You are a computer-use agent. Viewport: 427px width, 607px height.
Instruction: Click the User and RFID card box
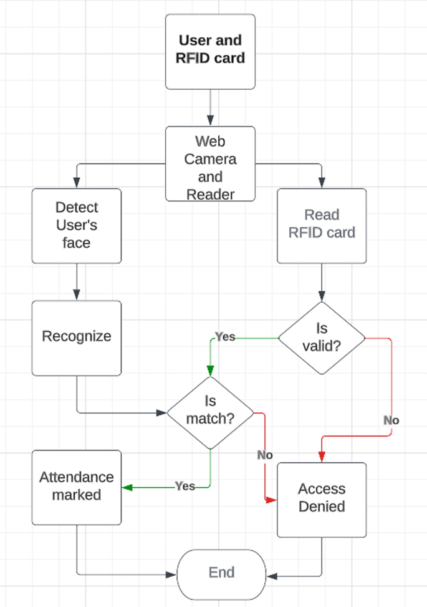tap(210, 52)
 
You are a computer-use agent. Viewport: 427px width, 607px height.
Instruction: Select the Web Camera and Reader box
tap(210, 164)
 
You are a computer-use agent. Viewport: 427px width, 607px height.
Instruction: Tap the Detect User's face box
tap(77, 225)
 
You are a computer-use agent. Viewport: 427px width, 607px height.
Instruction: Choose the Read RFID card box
tap(322, 225)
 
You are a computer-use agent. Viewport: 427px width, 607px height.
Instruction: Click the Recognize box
tap(77, 337)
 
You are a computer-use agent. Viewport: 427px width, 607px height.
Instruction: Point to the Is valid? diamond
tap(322, 338)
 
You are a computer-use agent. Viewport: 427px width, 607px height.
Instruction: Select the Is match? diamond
tap(210, 412)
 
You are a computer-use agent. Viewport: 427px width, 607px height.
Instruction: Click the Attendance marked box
tap(77, 487)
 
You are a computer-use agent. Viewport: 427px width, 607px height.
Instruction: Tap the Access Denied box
tap(322, 499)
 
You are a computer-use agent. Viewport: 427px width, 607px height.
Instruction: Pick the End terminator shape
tap(221, 573)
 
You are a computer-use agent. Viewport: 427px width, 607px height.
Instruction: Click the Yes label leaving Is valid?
tap(225, 337)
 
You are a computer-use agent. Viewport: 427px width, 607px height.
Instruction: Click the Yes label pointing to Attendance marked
tap(185, 486)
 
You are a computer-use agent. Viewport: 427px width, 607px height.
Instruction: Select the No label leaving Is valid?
tap(391, 420)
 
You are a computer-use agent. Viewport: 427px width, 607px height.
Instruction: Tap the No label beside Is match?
tap(265, 455)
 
